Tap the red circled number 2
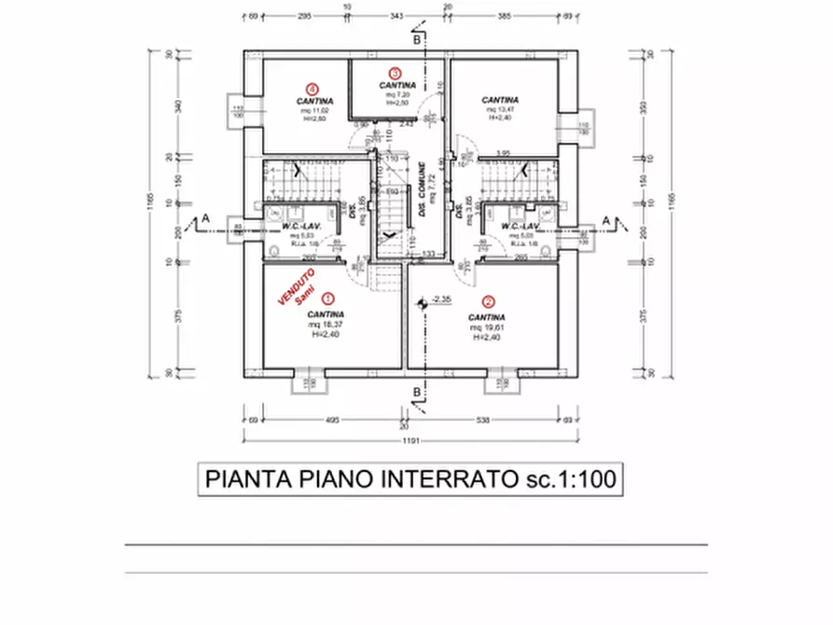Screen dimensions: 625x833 pyautogui.click(x=488, y=301)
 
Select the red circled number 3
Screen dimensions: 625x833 pyautogui.click(x=396, y=73)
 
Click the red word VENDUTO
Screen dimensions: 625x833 pyautogui.click(x=297, y=285)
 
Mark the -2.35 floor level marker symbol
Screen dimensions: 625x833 pyautogui.click(x=423, y=300)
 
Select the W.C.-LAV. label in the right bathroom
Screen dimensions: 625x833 pyautogui.click(x=520, y=226)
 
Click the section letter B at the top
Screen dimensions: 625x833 pyautogui.click(x=417, y=40)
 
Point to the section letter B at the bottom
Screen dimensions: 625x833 pyautogui.click(x=417, y=392)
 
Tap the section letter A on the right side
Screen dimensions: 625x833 pyautogui.click(x=607, y=219)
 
